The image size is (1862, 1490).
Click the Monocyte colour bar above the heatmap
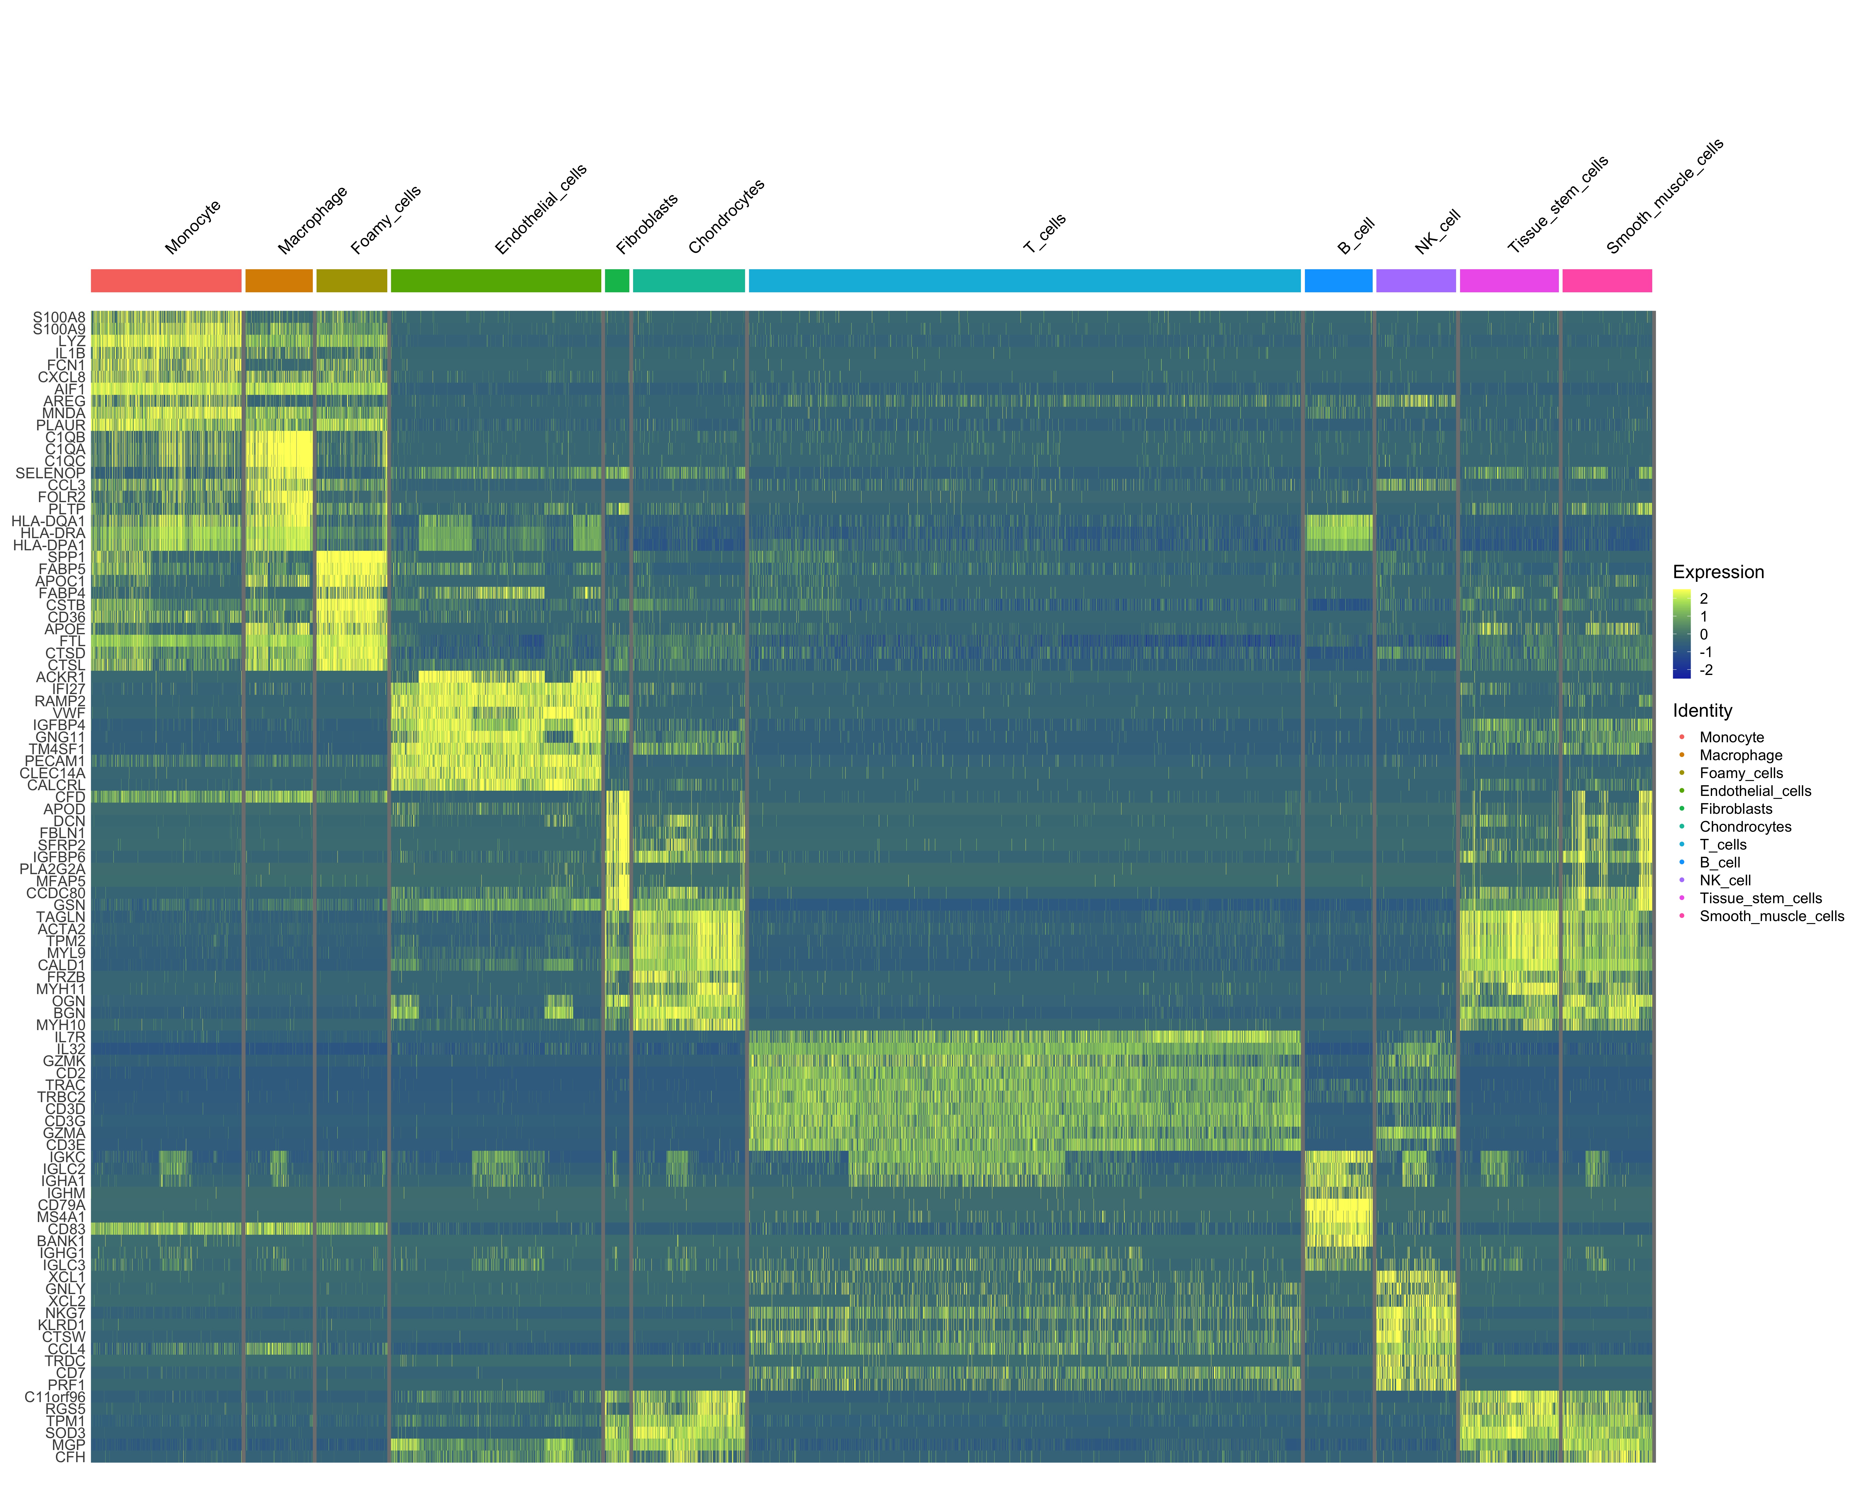[166, 281]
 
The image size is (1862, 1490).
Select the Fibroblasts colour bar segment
[617, 281]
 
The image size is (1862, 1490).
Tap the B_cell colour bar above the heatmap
[1338, 281]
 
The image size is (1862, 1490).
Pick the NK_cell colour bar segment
[1416, 281]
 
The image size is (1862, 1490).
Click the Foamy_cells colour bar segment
[352, 281]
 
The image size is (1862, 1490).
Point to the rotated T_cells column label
[1045, 233]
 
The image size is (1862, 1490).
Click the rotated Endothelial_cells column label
[541, 209]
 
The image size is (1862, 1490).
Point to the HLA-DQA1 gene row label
[48, 521]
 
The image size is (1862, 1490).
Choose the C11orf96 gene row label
[55, 1397]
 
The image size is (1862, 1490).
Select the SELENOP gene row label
[50, 473]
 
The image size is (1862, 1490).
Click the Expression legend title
[1718, 572]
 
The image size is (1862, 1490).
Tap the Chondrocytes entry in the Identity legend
[1745, 827]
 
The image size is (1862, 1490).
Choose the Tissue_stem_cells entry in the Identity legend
[1760, 898]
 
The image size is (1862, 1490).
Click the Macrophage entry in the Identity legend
[1740, 755]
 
